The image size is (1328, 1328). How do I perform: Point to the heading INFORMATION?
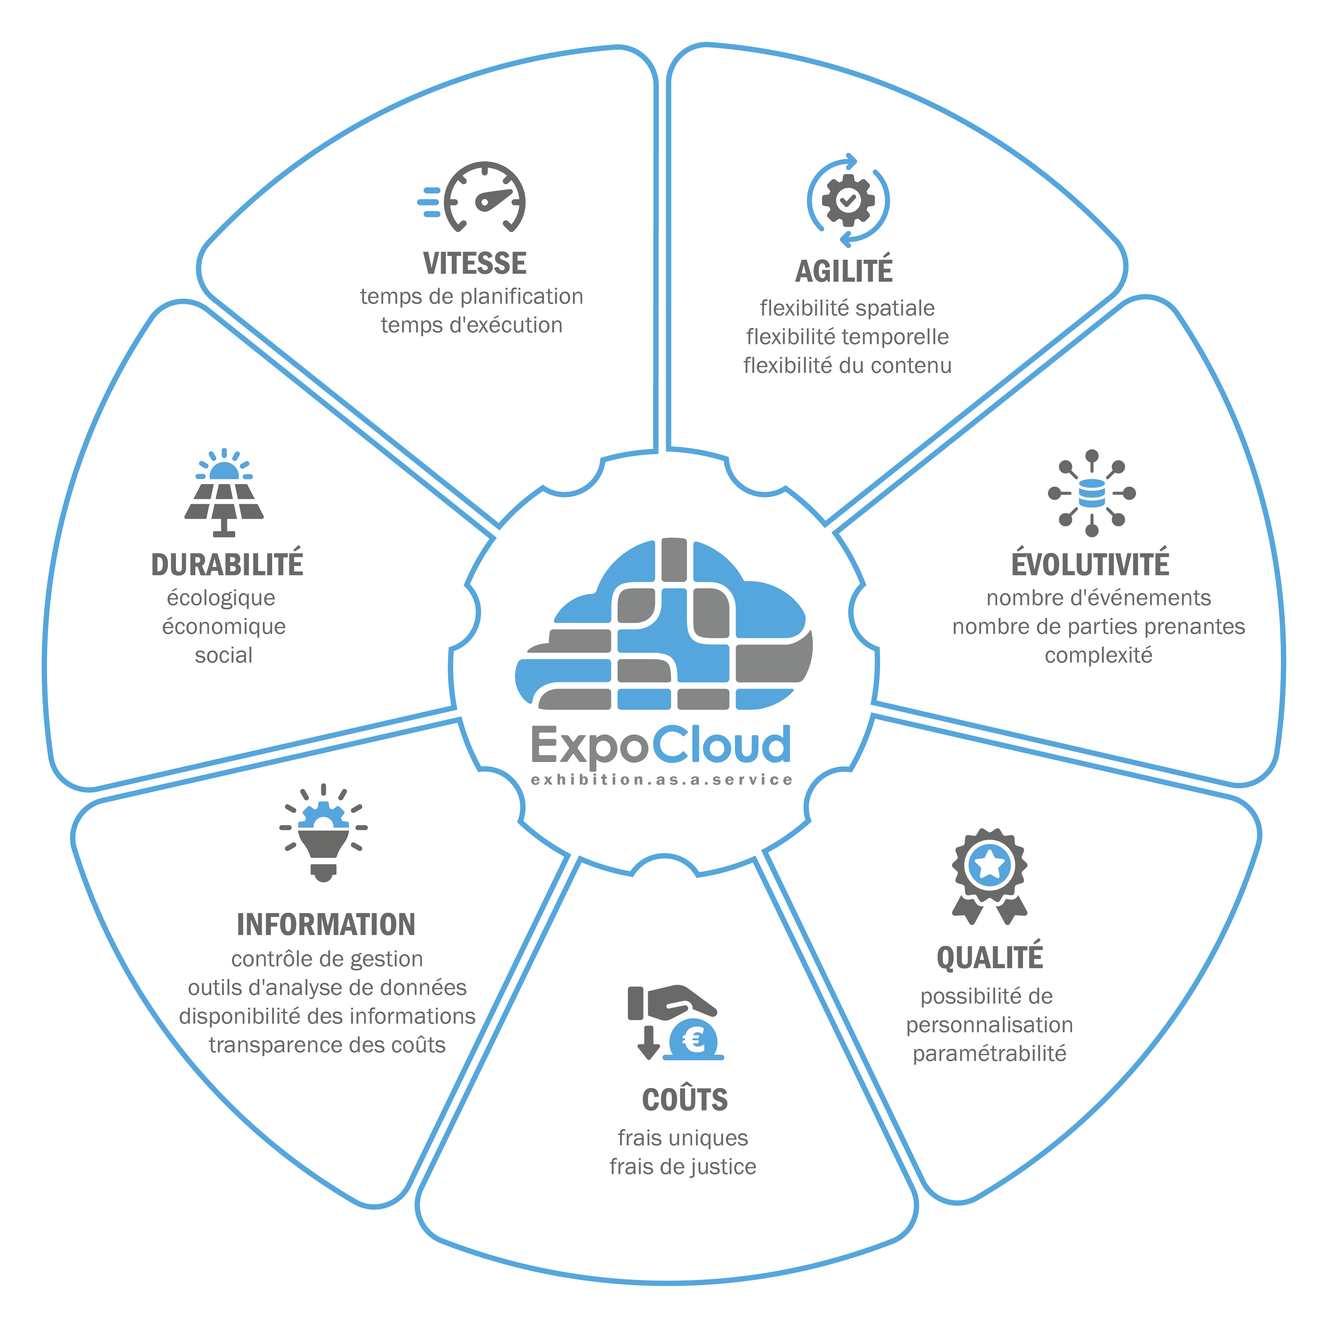click(326, 925)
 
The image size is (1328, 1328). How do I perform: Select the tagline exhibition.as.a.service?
click(662, 780)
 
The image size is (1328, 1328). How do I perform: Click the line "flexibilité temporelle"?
click(847, 337)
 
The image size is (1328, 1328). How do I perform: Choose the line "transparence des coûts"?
click(327, 1045)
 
